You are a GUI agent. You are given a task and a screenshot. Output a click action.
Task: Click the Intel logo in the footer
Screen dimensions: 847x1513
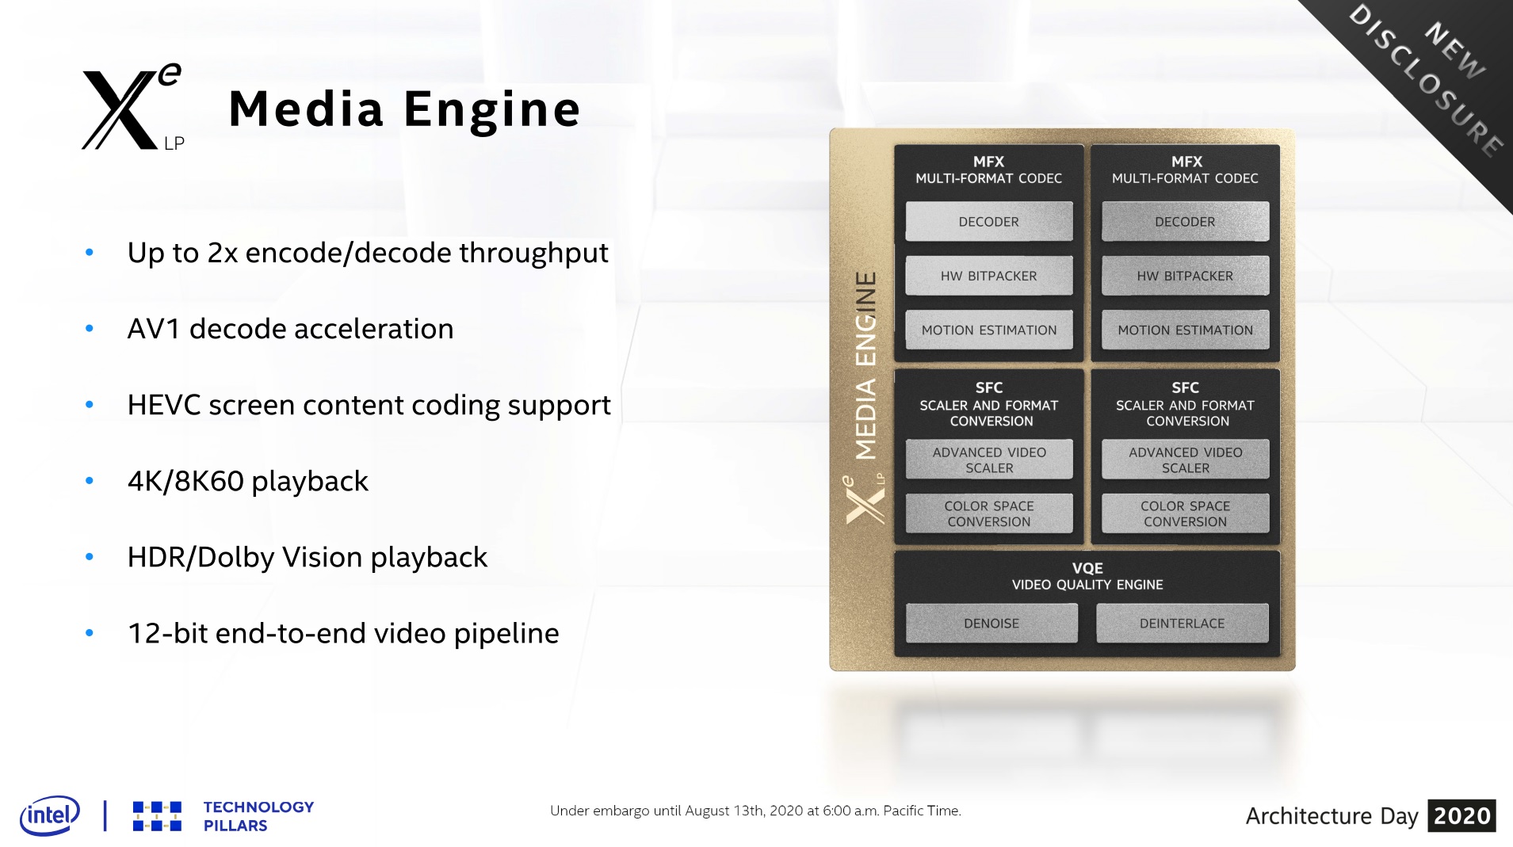click(50, 815)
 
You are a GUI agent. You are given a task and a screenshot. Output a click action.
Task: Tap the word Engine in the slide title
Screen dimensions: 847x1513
click(491, 109)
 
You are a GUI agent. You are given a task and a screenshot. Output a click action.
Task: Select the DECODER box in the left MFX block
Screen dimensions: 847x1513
click(988, 222)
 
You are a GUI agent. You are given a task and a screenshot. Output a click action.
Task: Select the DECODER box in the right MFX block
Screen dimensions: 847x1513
click(1185, 222)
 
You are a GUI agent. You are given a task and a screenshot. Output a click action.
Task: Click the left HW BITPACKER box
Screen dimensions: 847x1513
click(988, 276)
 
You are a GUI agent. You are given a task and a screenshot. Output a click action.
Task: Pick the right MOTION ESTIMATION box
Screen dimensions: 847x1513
click(1185, 330)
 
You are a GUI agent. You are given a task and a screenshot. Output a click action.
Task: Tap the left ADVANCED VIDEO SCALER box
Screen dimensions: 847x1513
click(988, 460)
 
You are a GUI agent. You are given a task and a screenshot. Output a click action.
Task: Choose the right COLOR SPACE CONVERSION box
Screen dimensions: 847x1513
click(1185, 513)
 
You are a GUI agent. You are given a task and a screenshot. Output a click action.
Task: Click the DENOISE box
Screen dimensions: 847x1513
click(991, 624)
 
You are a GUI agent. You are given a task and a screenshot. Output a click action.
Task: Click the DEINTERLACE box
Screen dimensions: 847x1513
click(1182, 624)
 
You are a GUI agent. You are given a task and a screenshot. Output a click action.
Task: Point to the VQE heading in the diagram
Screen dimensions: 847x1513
click(1087, 568)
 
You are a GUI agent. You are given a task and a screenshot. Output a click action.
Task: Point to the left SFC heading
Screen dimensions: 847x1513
click(988, 387)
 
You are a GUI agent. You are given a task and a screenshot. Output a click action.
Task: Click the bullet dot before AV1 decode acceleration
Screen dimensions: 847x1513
click(90, 329)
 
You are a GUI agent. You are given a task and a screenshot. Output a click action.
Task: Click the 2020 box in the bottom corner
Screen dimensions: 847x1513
click(1461, 815)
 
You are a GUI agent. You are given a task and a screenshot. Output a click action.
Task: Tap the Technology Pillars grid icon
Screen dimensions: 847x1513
click(157, 816)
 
